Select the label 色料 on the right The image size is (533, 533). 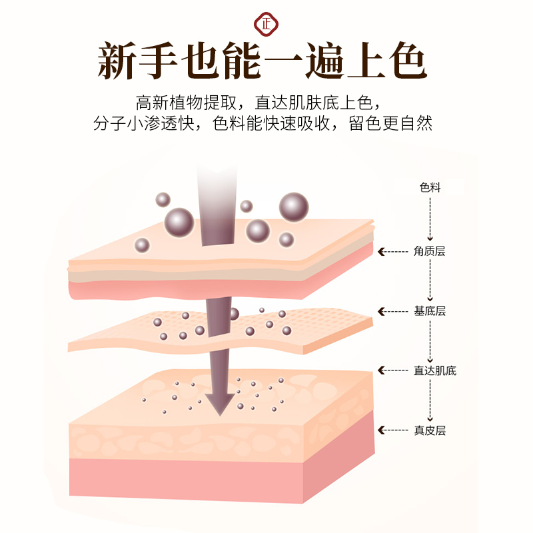[430, 188]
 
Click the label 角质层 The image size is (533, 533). [430, 251]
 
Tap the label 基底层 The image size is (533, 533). [430, 311]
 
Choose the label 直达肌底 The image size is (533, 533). [434, 370]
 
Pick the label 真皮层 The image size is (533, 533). [430, 430]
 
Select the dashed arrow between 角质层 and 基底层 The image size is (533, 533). [430, 280]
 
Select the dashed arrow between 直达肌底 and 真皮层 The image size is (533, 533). [430, 400]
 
